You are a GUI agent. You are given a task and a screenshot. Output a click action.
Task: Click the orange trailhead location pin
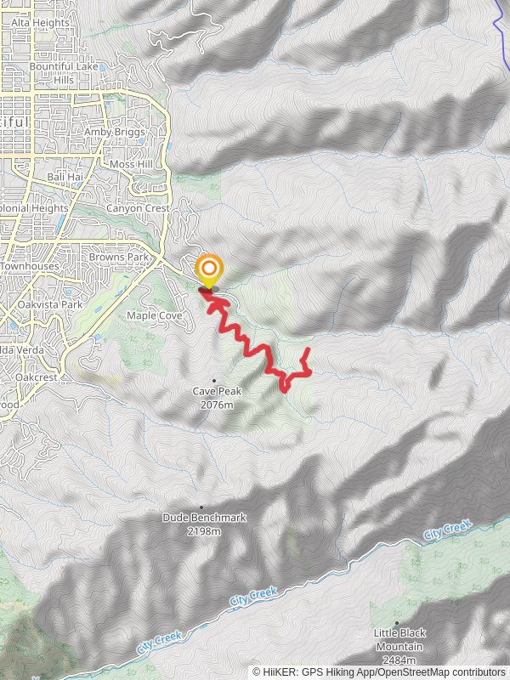[208, 270]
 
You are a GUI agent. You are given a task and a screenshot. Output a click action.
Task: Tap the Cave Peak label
[218, 392]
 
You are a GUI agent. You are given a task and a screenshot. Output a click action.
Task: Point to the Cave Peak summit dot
[213, 381]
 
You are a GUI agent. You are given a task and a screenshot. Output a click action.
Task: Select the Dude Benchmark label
[204, 517]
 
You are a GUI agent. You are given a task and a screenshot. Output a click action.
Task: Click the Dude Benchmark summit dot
[201, 507]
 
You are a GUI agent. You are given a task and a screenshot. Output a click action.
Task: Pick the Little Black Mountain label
[399, 639]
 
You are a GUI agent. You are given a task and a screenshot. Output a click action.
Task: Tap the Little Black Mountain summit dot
[397, 623]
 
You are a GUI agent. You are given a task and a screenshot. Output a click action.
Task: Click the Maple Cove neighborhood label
[155, 315]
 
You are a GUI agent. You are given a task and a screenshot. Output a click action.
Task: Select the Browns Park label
[120, 257]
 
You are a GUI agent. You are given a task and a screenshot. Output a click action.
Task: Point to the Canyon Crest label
[138, 208]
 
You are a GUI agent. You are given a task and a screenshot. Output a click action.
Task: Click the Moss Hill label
[130, 163]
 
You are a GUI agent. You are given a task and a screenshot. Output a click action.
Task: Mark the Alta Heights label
[46, 23]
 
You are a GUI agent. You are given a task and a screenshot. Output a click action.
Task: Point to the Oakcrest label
[36, 376]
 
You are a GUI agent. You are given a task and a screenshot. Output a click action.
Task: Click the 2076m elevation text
[218, 405]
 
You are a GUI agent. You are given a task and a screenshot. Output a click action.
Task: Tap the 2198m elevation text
[204, 531]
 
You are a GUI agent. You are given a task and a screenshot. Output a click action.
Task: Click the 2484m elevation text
[399, 660]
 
